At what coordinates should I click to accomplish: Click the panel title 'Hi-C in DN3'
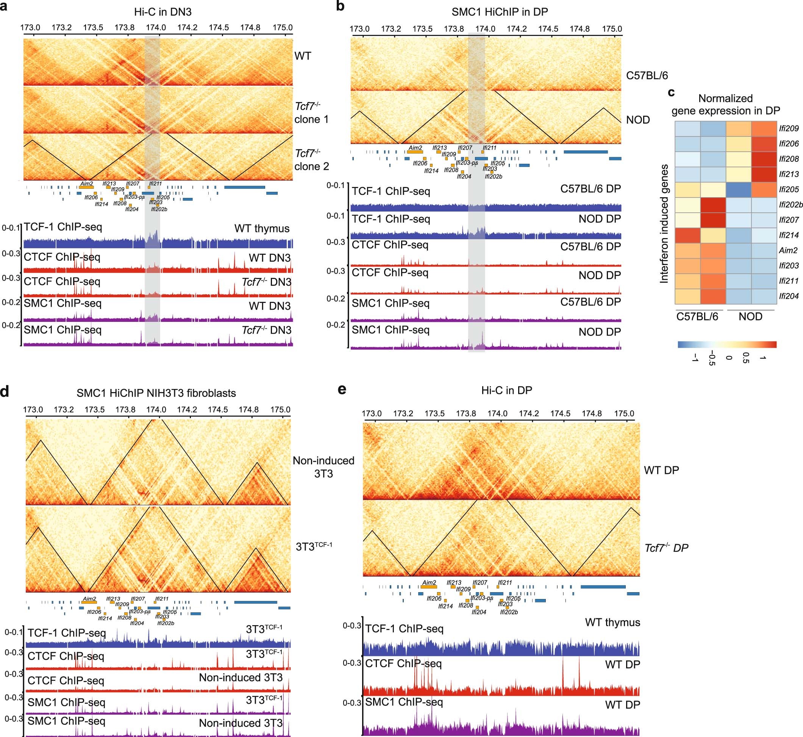coord(162,12)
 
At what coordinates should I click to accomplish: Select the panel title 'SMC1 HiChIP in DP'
coord(499,12)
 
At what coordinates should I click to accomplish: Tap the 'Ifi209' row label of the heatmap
coord(789,129)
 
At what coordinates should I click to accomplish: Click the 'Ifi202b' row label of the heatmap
coord(791,205)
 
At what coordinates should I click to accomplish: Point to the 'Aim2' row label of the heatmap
coord(788,251)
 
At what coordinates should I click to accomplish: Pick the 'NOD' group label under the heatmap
coord(750,317)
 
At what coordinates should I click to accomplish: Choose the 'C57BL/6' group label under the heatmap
coord(697,317)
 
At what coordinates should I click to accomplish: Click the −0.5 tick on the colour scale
coord(712,358)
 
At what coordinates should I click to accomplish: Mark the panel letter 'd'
coord(5,392)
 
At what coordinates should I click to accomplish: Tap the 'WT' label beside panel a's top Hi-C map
coord(303,56)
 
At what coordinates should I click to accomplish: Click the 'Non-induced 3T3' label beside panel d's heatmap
coord(323,467)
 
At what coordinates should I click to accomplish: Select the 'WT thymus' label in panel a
coord(261,229)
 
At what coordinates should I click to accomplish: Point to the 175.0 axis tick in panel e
coord(624,414)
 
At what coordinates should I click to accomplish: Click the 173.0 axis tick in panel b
coord(359,29)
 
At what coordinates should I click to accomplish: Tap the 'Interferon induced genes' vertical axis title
coord(664,223)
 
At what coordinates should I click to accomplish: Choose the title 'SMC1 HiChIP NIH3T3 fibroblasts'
coord(156,393)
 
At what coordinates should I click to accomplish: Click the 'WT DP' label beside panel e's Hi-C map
coord(661,470)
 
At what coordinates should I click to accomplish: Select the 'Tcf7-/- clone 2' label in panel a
coord(312,160)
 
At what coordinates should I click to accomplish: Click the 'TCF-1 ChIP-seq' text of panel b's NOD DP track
coord(391,219)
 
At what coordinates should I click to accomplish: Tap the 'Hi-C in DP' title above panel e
coord(506,390)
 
